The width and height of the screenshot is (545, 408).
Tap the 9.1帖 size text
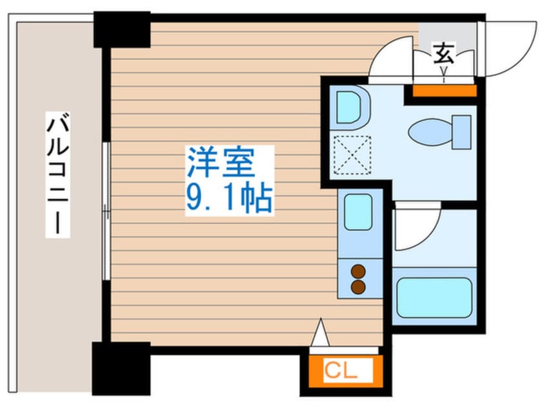click(229, 199)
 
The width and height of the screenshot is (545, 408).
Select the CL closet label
click(339, 371)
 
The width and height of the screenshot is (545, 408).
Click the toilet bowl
click(430, 133)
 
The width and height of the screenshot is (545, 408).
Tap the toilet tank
click(462, 131)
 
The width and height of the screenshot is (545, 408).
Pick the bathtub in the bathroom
click(433, 297)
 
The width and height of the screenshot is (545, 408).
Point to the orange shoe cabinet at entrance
click(444, 90)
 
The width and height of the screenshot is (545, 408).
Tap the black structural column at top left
click(122, 29)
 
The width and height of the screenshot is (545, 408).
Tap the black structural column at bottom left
click(121, 368)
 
